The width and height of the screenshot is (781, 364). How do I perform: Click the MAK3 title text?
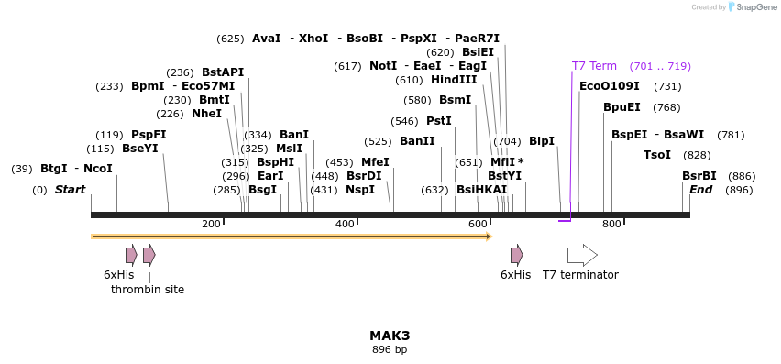[x=390, y=336]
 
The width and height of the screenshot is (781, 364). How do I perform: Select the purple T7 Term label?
[x=594, y=66]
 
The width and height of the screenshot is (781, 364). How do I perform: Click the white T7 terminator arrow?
[x=582, y=255]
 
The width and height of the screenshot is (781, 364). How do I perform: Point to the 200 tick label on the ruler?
[x=211, y=225]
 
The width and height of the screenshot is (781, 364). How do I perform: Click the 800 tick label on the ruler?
[x=611, y=225]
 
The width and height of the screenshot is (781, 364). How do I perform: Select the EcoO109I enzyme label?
[x=610, y=86]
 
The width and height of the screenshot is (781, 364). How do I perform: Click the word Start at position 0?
[x=70, y=190]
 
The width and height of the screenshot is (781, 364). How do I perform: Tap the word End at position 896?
[x=700, y=190]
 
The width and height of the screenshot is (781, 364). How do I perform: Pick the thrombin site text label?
[x=148, y=290]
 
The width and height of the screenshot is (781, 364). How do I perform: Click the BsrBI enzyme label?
[x=698, y=176]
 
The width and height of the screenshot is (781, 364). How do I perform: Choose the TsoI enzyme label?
[x=657, y=155]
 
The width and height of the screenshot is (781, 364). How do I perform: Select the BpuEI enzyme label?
[x=621, y=107]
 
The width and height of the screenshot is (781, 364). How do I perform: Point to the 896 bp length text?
[x=390, y=350]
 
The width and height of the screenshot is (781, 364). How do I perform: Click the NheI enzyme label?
[x=206, y=114]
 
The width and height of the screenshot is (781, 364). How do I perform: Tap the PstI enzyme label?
[x=439, y=121]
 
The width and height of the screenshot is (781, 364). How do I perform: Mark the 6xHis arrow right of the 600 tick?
[x=517, y=255]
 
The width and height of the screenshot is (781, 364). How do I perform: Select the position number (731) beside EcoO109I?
[x=667, y=86]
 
